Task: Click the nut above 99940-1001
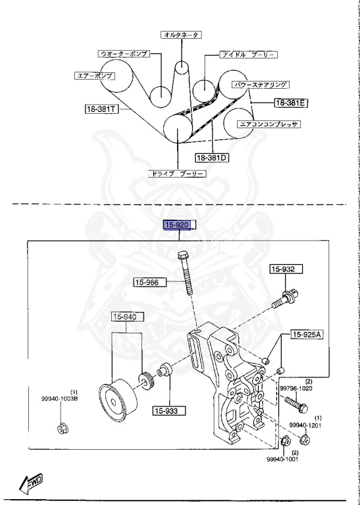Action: pyautogui.click(x=285, y=441)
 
